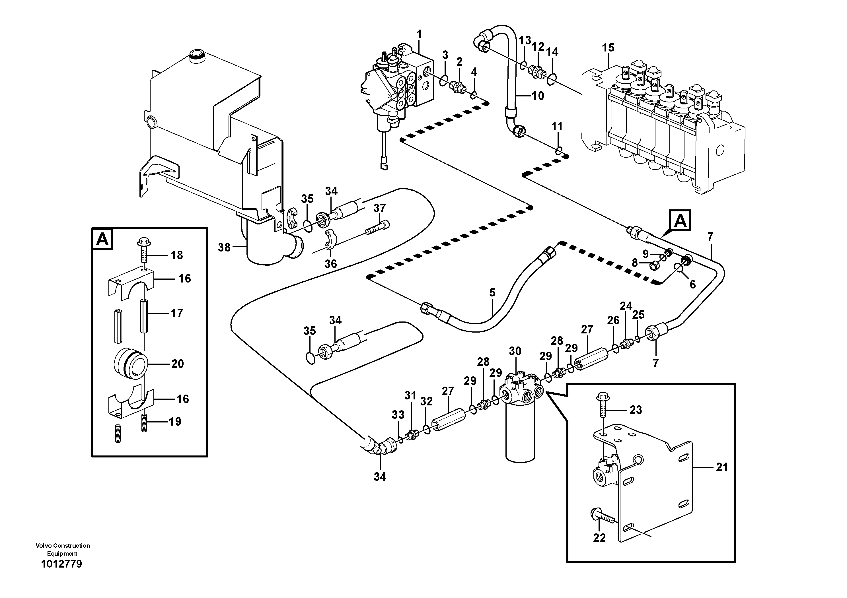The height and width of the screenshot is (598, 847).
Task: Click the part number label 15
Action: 608,48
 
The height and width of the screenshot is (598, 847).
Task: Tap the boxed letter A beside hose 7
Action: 680,221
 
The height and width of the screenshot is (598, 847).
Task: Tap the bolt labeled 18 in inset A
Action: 143,251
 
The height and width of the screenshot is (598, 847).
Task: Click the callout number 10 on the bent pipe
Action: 538,96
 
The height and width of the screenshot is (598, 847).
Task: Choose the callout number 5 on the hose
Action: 492,292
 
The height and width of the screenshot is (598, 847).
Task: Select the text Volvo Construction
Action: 63,545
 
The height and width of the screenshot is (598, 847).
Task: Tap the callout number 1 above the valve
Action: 419,35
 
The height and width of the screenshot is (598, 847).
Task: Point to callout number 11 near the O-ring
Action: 557,127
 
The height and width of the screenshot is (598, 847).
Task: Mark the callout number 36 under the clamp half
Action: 330,264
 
